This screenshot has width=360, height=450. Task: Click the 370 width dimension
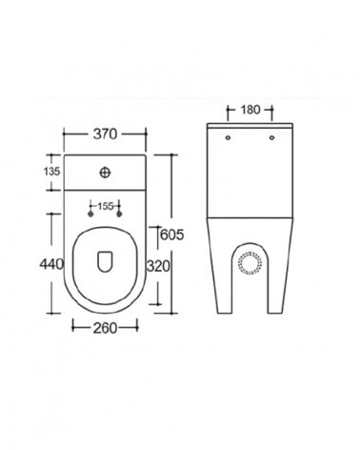(105, 134)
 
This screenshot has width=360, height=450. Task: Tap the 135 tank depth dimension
(51, 172)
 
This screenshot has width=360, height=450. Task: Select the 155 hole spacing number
(105, 206)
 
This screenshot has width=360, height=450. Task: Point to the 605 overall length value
(172, 235)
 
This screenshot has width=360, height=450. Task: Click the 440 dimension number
(51, 264)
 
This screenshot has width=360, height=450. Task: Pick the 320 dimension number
(158, 266)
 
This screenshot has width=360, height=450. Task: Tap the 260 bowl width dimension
(105, 328)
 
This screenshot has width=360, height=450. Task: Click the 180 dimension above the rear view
(250, 110)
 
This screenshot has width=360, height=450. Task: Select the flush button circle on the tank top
(105, 173)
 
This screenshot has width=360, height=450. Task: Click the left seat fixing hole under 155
(90, 215)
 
